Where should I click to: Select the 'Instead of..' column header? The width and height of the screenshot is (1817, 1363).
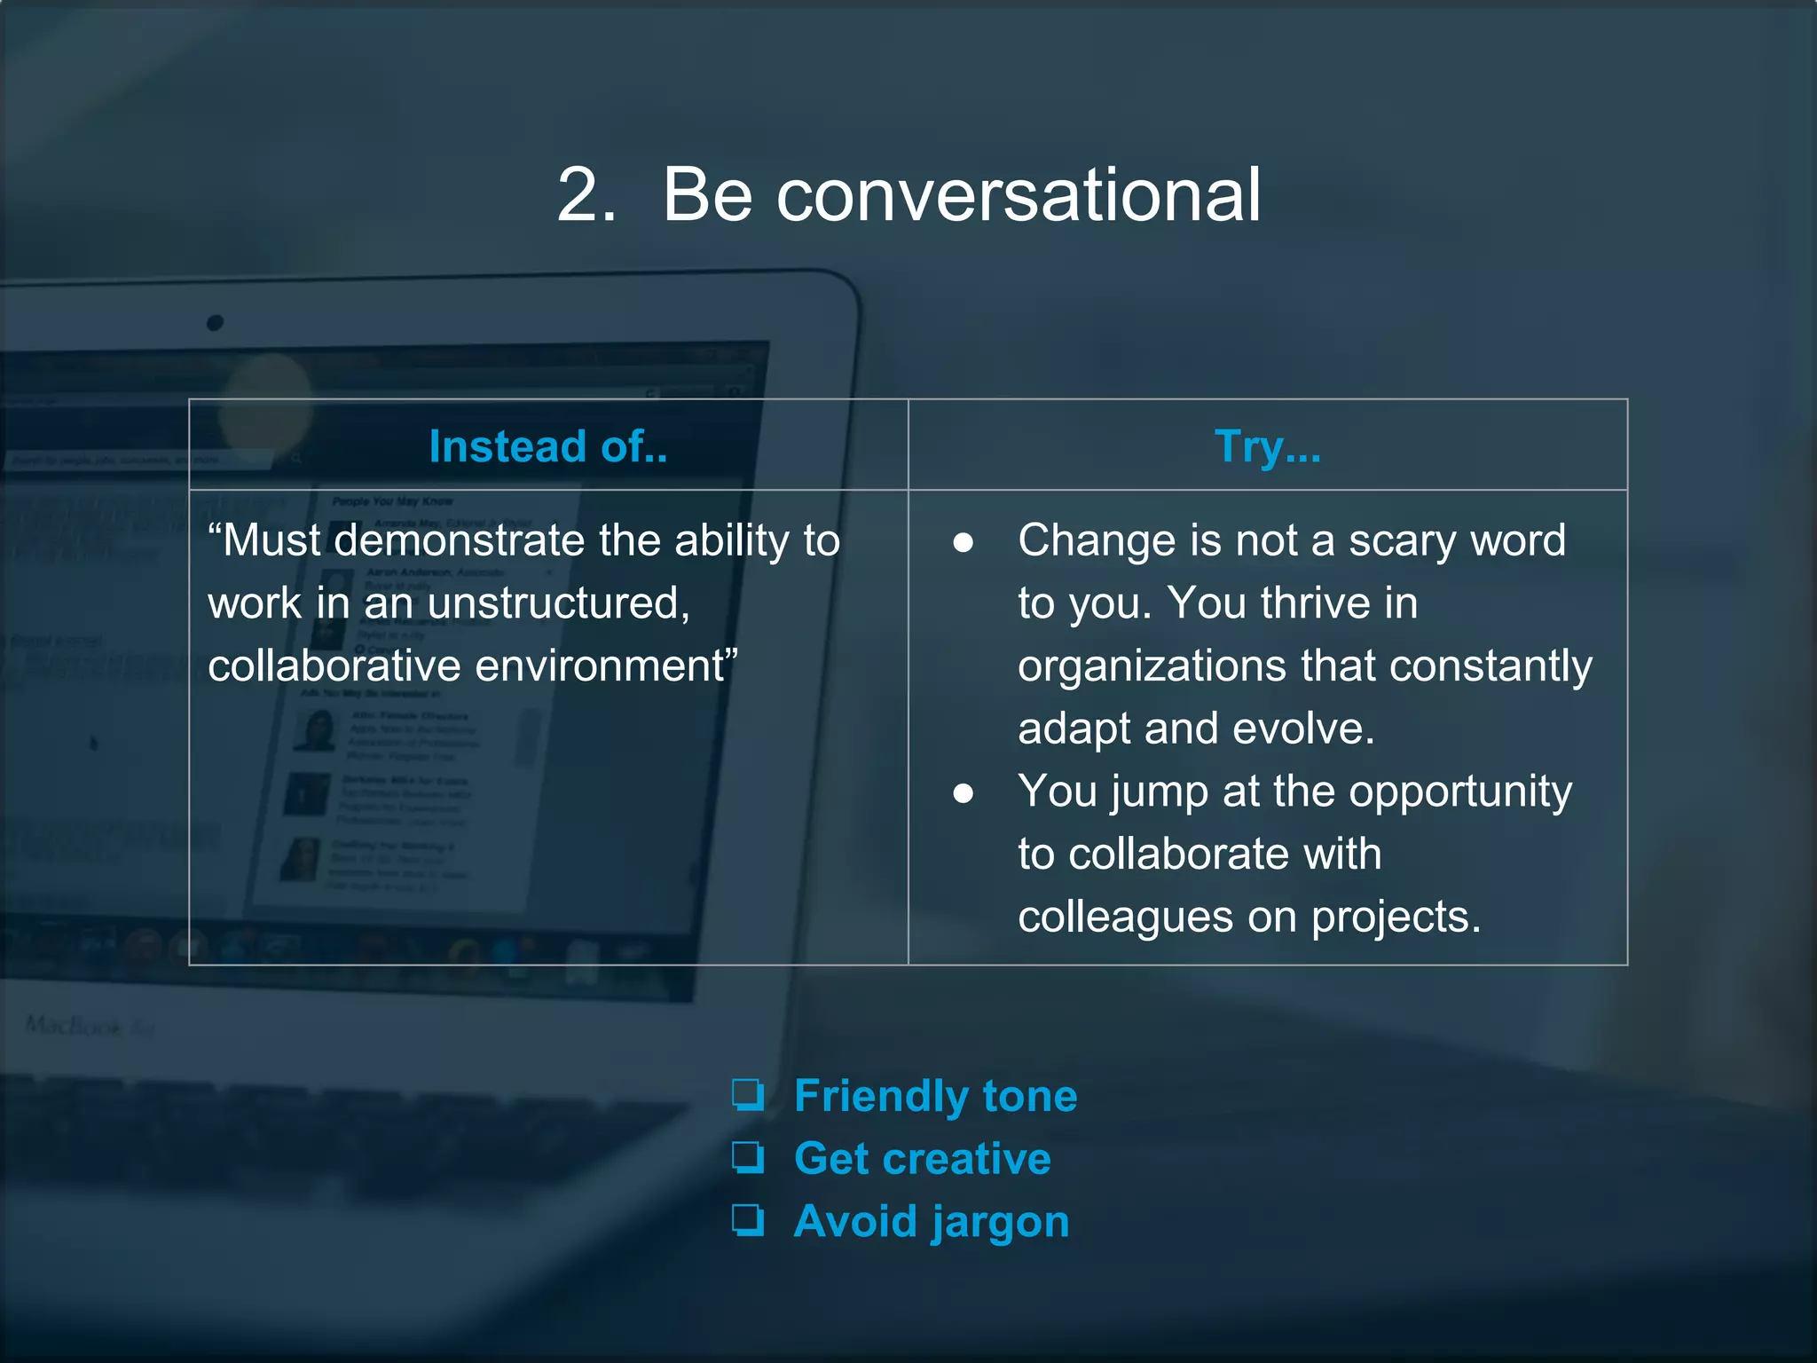click(x=547, y=446)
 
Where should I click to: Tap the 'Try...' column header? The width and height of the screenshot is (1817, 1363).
click(x=1267, y=446)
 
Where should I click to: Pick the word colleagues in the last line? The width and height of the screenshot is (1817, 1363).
click(x=1125, y=917)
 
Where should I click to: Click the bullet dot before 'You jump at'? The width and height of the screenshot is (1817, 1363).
click(x=963, y=793)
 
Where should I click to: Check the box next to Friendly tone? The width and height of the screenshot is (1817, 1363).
click(x=748, y=1095)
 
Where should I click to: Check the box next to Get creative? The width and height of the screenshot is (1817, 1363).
click(x=748, y=1157)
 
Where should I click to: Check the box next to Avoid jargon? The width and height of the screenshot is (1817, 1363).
click(x=748, y=1220)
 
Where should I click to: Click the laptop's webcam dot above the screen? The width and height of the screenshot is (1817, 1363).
click(x=215, y=323)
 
